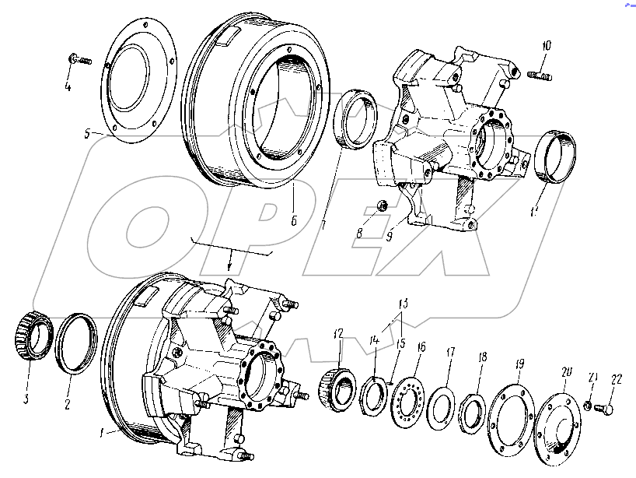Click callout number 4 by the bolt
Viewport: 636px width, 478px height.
[x=68, y=86]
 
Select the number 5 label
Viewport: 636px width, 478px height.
[x=87, y=134]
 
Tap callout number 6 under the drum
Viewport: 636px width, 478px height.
[x=295, y=220]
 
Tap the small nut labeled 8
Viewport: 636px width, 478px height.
[x=383, y=206]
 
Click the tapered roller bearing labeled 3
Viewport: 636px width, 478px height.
[x=31, y=334]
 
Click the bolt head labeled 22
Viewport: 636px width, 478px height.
[x=608, y=406]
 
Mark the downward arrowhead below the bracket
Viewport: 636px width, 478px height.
[x=229, y=267]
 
